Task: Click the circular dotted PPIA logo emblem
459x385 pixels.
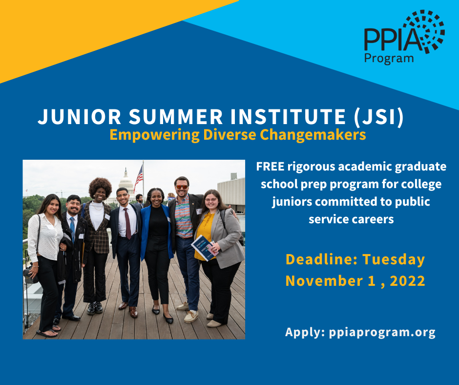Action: click(423, 31)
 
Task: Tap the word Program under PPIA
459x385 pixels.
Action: click(389, 58)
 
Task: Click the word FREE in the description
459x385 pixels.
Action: click(270, 167)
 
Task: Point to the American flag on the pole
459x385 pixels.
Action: click(139, 175)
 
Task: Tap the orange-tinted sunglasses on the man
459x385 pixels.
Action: click(181, 187)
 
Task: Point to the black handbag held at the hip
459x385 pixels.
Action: click(31, 274)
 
